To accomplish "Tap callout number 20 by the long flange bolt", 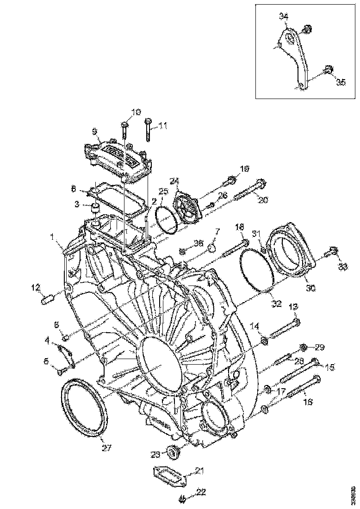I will click(262, 200).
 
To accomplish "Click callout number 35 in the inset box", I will click(341, 82).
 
